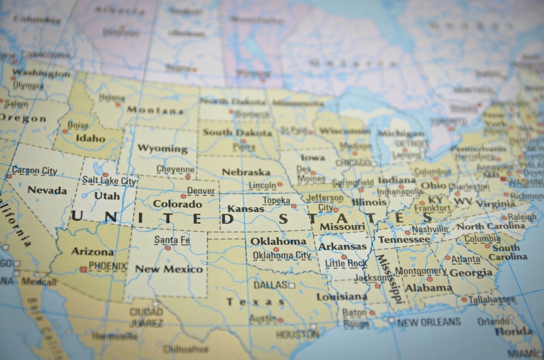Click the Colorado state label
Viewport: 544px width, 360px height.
[177, 204]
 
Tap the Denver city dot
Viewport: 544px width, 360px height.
[183, 196]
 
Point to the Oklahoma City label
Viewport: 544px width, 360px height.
[282, 255]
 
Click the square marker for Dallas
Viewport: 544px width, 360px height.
[292, 285]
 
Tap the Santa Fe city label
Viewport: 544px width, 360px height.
[172, 240]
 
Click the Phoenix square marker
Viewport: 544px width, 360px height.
[83, 269]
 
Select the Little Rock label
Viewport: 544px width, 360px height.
[346, 264]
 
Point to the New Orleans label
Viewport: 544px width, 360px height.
[429, 322]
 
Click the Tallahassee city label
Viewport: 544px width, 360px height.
[492, 300]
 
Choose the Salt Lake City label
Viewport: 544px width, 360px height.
[109, 181]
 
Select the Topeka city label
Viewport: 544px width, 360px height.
[276, 201]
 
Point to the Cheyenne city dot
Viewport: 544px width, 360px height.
[188, 177]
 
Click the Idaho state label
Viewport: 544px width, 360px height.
[90, 138]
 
